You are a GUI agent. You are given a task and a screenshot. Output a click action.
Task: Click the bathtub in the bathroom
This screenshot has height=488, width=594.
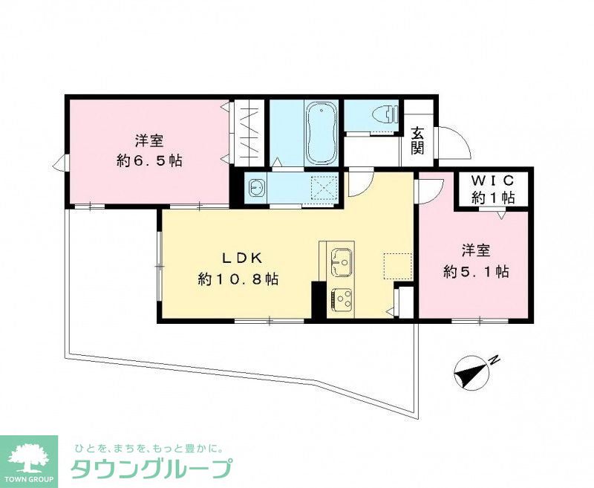pos(322,134)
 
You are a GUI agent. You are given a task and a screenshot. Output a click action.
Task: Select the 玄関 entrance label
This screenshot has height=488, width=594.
pos(418,140)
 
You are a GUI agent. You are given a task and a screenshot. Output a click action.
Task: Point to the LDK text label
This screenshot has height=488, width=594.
pos(238,258)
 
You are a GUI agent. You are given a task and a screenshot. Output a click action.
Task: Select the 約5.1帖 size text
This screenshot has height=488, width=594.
pos(476,271)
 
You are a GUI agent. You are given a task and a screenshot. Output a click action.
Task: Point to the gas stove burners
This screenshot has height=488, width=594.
pos(342,299)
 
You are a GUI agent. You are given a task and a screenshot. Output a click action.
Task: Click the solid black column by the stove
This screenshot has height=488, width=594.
pos(318,301)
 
